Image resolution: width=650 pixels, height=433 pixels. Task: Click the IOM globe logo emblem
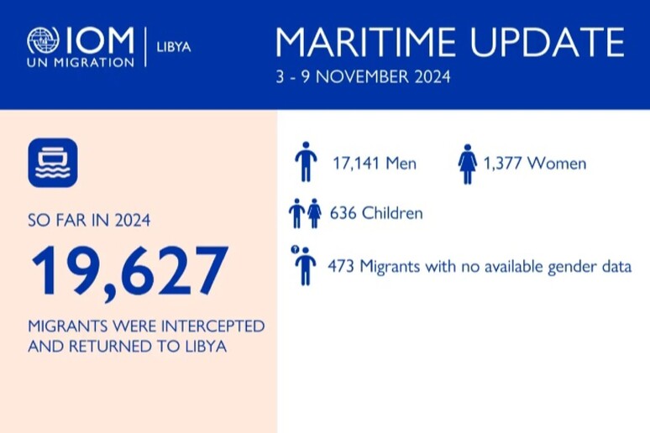(43, 41)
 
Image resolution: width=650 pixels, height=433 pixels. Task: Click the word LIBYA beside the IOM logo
(173, 47)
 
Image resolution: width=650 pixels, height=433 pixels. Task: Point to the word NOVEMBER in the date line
(359, 76)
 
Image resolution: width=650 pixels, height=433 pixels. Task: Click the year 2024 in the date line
(432, 76)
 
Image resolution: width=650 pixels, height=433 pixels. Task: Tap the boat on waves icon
(53, 163)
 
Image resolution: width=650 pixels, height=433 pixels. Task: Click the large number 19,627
(129, 272)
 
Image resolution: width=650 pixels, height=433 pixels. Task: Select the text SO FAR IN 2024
(89, 221)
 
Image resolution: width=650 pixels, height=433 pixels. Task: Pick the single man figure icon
(306, 162)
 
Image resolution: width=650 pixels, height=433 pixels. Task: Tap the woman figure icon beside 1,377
(467, 164)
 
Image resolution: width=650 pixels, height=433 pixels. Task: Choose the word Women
(558, 164)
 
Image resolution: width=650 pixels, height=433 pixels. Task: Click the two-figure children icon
(306, 213)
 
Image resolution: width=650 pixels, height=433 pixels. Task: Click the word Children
(393, 213)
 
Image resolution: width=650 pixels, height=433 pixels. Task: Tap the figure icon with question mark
(304, 264)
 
